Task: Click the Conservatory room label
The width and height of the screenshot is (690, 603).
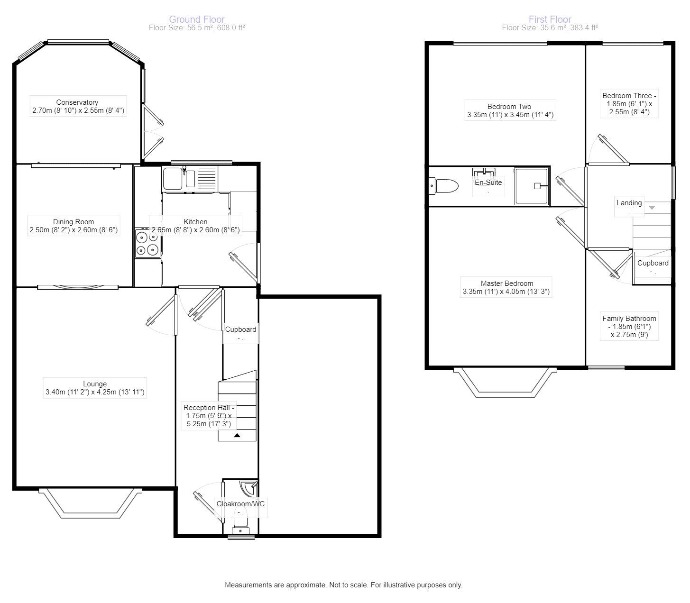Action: click(x=77, y=102)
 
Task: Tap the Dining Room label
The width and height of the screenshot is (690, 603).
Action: click(x=74, y=222)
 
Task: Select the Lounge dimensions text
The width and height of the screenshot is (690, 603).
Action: click(x=95, y=392)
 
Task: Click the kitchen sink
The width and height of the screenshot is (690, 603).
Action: click(x=179, y=179)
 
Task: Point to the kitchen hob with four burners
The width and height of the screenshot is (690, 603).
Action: click(x=147, y=243)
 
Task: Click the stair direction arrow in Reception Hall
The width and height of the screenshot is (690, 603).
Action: click(x=237, y=435)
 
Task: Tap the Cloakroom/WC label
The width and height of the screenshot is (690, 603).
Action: click(x=240, y=504)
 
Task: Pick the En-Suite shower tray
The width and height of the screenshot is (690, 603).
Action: click(x=532, y=186)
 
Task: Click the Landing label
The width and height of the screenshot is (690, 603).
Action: click(x=629, y=203)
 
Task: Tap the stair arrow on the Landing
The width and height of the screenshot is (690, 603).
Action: click(x=652, y=208)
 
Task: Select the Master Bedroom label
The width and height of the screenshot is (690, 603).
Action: click(x=507, y=283)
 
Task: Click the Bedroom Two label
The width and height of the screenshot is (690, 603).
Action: click(x=509, y=107)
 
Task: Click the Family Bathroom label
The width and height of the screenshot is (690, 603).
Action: click(x=629, y=319)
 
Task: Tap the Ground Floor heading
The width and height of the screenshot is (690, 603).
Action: click(x=197, y=19)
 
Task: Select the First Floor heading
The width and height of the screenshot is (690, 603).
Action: click(x=550, y=19)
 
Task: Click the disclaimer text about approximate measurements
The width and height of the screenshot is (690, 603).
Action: click(x=343, y=585)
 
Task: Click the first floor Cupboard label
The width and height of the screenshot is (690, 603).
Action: click(x=653, y=263)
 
